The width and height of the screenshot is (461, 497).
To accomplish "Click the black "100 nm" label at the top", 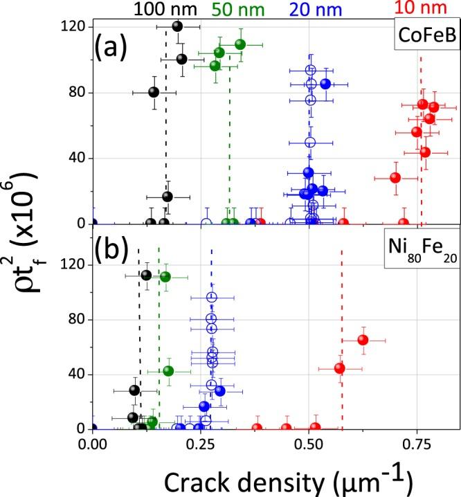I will pos(160,9).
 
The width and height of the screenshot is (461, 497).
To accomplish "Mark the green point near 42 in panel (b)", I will pos(168,371).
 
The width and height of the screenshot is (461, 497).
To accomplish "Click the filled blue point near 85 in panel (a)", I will pos(325,84).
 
